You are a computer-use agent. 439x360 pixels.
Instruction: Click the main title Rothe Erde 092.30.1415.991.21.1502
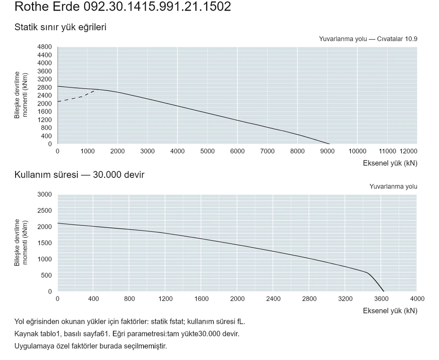point(123,6)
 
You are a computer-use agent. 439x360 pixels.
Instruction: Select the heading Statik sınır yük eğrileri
point(60,27)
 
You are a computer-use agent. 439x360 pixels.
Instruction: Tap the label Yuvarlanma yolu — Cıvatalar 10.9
point(368,39)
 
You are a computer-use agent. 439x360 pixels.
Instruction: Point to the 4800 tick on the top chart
point(44,47)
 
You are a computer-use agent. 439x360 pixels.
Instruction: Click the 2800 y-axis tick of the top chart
point(44,87)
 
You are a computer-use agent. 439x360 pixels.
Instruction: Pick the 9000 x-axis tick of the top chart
point(327,151)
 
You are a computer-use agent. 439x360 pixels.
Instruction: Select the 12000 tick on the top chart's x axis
point(408,151)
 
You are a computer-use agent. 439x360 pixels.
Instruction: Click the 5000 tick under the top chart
point(208,151)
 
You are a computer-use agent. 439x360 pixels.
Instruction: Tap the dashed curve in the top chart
point(77,97)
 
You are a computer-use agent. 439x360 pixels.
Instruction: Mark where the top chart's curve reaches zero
point(330,144)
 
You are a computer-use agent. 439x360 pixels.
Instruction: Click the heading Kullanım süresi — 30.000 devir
point(79,175)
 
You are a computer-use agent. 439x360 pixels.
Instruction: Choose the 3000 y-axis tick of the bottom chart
point(44,194)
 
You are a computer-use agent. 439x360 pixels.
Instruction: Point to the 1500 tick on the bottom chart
point(44,243)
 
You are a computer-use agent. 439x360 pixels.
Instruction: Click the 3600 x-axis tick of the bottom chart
point(381,299)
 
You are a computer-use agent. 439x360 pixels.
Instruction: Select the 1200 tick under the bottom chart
point(166,299)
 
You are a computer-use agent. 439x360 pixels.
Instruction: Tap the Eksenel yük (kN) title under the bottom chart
point(390,311)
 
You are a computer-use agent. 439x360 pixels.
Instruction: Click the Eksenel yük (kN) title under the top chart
point(390,163)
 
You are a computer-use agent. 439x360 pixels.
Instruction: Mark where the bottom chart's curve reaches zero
point(384,291)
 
